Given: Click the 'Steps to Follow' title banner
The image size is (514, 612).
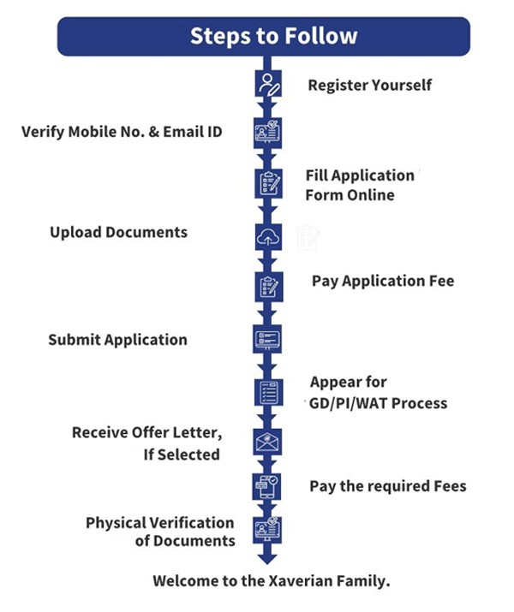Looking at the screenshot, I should pyautogui.click(x=263, y=36).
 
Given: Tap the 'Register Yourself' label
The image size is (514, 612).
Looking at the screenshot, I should pyautogui.click(x=370, y=85).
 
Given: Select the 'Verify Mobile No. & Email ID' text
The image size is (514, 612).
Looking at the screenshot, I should pyautogui.click(x=122, y=133).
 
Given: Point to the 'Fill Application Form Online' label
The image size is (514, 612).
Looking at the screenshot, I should pyautogui.click(x=360, y=185).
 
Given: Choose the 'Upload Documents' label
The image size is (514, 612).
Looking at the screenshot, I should pyautogui.click(x=118, y=232).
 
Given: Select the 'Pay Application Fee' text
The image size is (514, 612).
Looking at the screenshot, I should pyautogui.click(x=383, y=281).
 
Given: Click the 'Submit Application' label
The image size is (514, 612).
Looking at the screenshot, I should pyautogui.click(x=117, y=340).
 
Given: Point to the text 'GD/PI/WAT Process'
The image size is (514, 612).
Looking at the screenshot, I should pyautogui.click(x=378, y=402).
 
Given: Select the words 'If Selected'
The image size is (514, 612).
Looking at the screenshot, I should pyautogui.click(x=182, y=455).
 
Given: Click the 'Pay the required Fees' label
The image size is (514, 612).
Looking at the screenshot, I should pyautogui.click(x=388, y=486).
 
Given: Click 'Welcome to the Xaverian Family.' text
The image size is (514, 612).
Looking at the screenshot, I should pyautogui.click(x=272, y=580).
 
